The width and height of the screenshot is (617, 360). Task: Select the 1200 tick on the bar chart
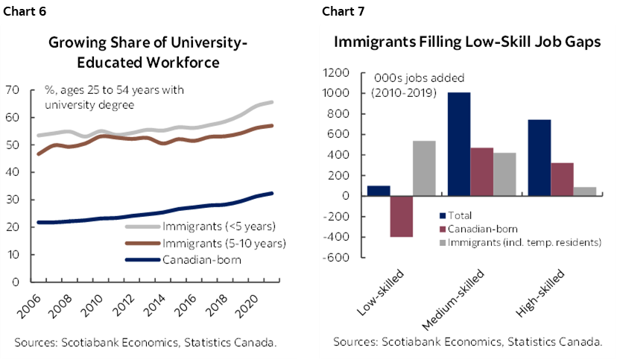(x=336, y=73)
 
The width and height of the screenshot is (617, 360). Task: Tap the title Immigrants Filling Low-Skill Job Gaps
(x=467, y=43)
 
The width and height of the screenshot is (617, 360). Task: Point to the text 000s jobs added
(x=408, y=78)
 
